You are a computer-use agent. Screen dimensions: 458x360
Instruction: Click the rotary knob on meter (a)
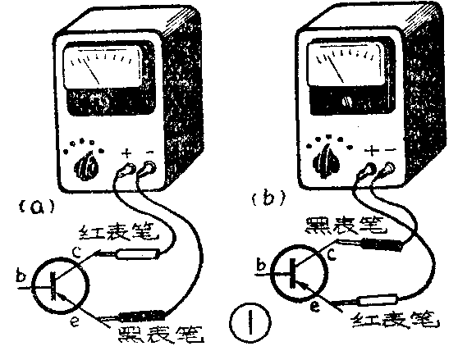click(87, 166)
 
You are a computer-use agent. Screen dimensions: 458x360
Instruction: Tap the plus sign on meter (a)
click(126, 153)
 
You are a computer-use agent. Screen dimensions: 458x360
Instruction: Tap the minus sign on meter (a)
click(150, 152)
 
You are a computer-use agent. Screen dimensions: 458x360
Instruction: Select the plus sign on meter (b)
click(371, 151)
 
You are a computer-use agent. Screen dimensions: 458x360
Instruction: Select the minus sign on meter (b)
click(390, 150)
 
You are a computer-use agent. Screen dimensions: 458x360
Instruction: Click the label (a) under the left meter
click(37, 207)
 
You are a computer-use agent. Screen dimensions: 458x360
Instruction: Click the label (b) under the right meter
click(267, 198)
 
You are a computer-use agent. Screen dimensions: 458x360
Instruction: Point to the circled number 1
click(250, 321)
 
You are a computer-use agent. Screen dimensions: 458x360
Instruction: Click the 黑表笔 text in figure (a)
click(161, 335)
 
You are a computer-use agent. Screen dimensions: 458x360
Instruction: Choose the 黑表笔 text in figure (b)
click(346, 226)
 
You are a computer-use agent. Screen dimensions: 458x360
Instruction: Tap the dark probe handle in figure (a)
click(142, 316)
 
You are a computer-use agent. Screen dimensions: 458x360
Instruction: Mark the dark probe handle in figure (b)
click(383, 245)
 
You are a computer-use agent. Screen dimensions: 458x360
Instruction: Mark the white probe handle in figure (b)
click(378, 300)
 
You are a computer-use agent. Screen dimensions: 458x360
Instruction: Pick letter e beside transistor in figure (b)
click(315, 306)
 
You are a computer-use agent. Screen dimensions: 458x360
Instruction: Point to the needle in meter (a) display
click(91, 71)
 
